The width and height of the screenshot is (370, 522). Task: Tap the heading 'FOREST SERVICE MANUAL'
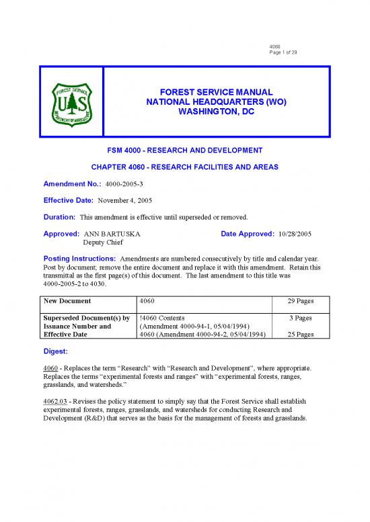tap(207, 91)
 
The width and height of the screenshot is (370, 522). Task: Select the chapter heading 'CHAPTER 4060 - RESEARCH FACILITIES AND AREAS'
tap(185, 167)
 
